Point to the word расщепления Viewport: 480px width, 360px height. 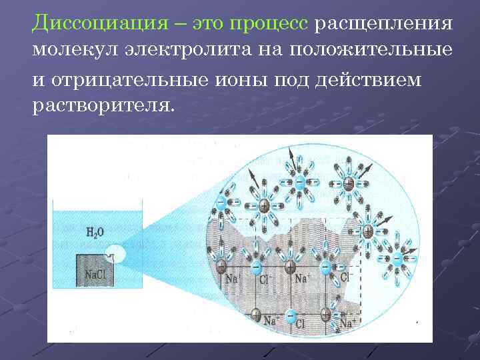[x=383, y=25]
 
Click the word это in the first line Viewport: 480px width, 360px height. [x=209, y=25]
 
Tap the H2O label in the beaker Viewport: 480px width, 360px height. [x=95, y=233]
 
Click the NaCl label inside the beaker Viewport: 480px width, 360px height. [x=95, y=274]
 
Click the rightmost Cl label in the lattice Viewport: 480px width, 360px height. [x=345, y=275]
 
